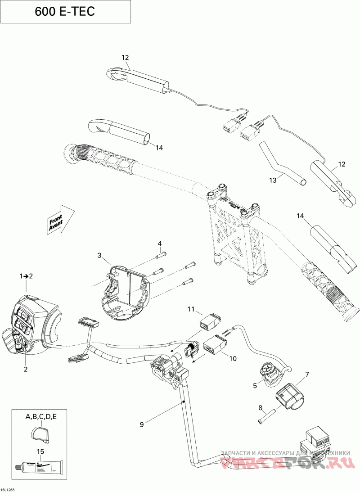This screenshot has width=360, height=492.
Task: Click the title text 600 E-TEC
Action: tap(65, 12)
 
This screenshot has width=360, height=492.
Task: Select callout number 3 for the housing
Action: tap(99, 255)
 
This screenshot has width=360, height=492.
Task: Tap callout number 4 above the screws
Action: tap(159, 244)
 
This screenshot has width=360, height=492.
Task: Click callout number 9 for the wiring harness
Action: tap(142, 424)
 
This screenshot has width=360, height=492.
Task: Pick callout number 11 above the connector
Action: tap(190, 309)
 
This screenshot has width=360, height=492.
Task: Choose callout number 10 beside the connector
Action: tap(233, 359)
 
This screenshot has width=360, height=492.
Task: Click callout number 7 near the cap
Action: tap(307, 374)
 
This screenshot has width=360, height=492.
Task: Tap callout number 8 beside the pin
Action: tap(260, 408)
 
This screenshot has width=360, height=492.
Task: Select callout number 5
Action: tap(254, 385)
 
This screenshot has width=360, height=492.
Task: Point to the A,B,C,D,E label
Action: tap(40, 417)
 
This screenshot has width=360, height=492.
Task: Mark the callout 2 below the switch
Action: tap(26, 369)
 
